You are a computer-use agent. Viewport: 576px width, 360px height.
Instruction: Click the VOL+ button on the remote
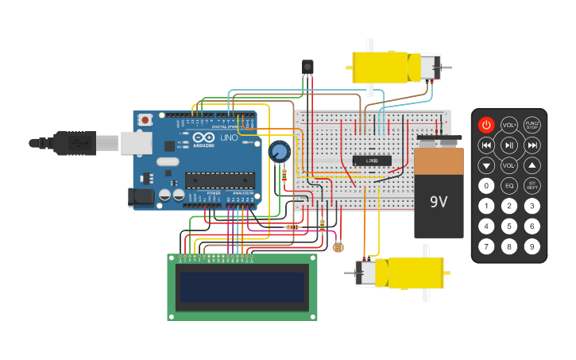(509, 125)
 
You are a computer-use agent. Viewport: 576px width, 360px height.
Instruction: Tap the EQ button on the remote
(509, 186)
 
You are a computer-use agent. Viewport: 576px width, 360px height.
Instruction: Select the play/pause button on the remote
(509, 145)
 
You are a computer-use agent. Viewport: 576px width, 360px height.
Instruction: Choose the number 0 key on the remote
(486, 186)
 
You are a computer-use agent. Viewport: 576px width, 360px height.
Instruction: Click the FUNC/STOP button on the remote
(532, 125)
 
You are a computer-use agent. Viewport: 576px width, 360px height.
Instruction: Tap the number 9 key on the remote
(532, 246)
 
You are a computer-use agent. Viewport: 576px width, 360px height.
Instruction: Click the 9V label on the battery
(439, 202)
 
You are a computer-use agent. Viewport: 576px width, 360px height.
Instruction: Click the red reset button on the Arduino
(145, 120)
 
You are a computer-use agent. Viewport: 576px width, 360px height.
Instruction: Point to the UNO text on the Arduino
(228, 137)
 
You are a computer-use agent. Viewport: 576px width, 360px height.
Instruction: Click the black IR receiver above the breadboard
(307, 67)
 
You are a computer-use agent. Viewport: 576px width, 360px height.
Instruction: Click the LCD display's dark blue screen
(242, 287)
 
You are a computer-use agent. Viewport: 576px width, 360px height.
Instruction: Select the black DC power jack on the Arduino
(141, 196)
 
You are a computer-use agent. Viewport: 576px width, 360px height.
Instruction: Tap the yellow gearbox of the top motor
(381, 67)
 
